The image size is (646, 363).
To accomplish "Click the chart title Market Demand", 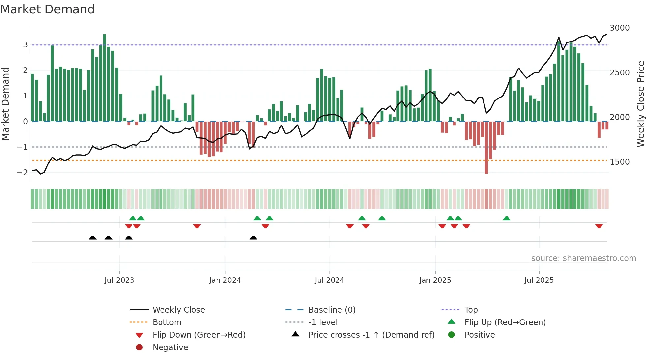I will (x=47, y=9).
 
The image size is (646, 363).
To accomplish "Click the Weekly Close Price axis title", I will (x=640, y=104).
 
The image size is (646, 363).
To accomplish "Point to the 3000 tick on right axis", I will (x=620, y=28).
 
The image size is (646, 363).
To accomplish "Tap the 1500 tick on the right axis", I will (x=620, y=162).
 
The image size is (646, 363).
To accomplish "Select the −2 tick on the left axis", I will (x=22, y=173).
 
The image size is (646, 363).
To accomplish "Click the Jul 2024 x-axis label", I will (x=329, y=280).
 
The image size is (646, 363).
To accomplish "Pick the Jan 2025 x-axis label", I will (x=435, y=280).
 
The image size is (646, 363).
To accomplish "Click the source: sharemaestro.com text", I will (x=583, y=258).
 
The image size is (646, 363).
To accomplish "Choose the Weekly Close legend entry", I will (x=178, y=310).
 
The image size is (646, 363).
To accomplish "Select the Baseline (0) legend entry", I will (x=332, y=310).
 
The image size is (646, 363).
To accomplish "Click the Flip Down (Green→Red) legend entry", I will (x=199, y=335).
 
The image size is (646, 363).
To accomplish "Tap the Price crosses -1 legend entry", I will (x=371, y=335).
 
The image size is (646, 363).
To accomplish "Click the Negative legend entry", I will (x=170, y=348).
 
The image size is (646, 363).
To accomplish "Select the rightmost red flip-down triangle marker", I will (x=599, y=226).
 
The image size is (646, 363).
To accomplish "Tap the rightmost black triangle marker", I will (x=253, y=237).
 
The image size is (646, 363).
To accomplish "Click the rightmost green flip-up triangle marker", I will (x=507, y=218).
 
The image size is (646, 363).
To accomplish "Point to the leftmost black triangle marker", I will (x=93, y=237).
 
